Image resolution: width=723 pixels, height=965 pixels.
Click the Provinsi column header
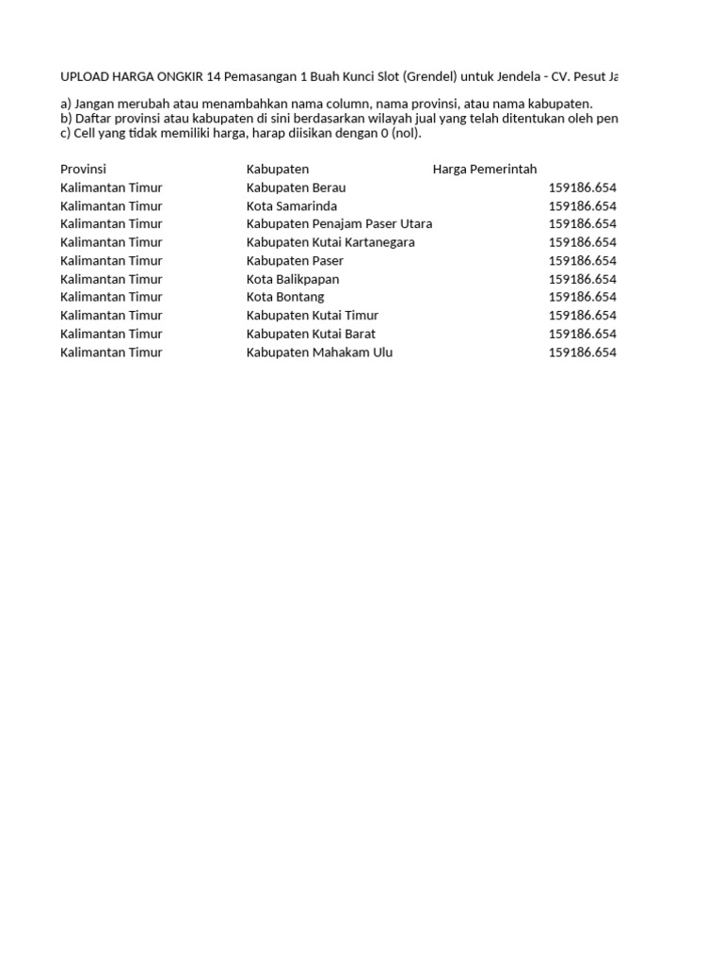pyautogui.click(x=83, y=170)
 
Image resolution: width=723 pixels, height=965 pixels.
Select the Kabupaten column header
pyautogui.click(x=278, y=170)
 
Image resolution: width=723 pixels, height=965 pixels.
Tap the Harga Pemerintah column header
pyautogui.click(x=485, y=170)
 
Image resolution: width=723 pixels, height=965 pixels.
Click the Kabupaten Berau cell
pyautogui.click(x=296, y=188)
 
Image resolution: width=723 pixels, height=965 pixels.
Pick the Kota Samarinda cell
pyautogui.click(x=292, y=205)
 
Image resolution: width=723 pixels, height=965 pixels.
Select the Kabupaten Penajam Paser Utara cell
pyautogui.click(x=339, y=224)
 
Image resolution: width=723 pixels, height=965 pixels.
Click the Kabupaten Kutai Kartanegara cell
pyautogui.click(x=330, y=242)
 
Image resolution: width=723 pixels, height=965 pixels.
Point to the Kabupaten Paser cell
pyautogui.click(x=295, y=260)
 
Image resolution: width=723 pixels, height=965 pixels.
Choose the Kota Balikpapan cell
pyautogui.click(x=293, y=279)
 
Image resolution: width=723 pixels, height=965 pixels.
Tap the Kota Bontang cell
pyautogui.click(x=285, y=297)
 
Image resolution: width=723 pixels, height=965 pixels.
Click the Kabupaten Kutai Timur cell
pyautogui.click(x=313, y=316)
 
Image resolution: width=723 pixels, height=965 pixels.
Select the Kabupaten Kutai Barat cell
pyautogui.click(x=311, y=334)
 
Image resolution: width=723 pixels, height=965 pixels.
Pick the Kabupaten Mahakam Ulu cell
pyautogui.click(x=319, y=352)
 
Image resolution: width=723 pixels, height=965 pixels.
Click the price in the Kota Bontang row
pyautogui.click(x=582, y=297)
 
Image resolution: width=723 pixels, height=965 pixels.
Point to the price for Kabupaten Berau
pyautogui.click(x=582, y=188)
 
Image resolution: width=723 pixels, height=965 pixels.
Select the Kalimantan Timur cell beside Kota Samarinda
pyautogui.click(x=111, y=205)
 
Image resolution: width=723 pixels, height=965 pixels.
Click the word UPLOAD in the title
pyautogui.click(x=85, y=75)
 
